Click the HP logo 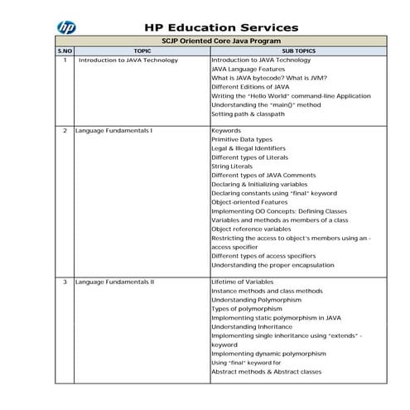[67, 27]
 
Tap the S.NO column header [65, 51]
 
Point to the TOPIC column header [142, 51]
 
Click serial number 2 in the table [65, 131]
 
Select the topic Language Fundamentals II [121, 282]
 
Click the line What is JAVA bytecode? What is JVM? [269, 78]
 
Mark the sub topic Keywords [226, 131]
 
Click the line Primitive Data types [242, 140]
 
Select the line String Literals [233, 166]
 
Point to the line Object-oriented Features [249, 202]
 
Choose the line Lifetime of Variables [243, 282]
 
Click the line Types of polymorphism [248, 309]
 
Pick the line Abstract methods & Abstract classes [266, 372]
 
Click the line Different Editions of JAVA [250, 87]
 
